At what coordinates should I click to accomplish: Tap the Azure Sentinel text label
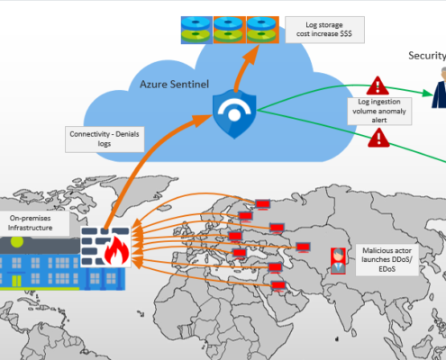coord(174,85)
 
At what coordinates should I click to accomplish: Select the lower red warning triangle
coord(379,139)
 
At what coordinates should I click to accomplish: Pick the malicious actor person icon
coord(336,259)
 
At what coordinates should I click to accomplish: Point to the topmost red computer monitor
coord(265,204)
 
